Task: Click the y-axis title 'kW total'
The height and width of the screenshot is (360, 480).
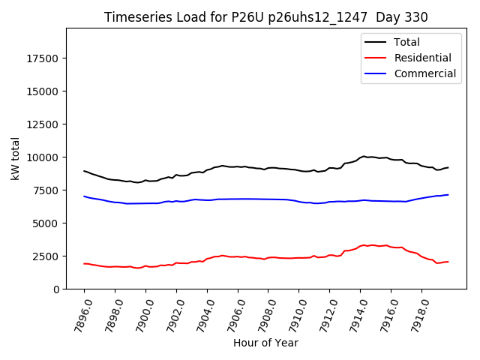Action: pyautogui.click(x=16, y=158)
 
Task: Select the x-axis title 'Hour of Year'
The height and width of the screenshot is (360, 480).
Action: pyautogui.click(x=265, y=343)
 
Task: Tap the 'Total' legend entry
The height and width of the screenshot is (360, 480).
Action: pyautogui.click(x=406, y=42)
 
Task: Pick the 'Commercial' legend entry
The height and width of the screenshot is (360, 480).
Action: pyautogui.click(x=424, y=73)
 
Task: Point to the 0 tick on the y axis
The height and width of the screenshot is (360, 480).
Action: pyautogui.click(x=58, y=289)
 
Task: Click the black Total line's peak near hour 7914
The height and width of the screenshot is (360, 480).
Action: pyautogui.click(x=364, y=156)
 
